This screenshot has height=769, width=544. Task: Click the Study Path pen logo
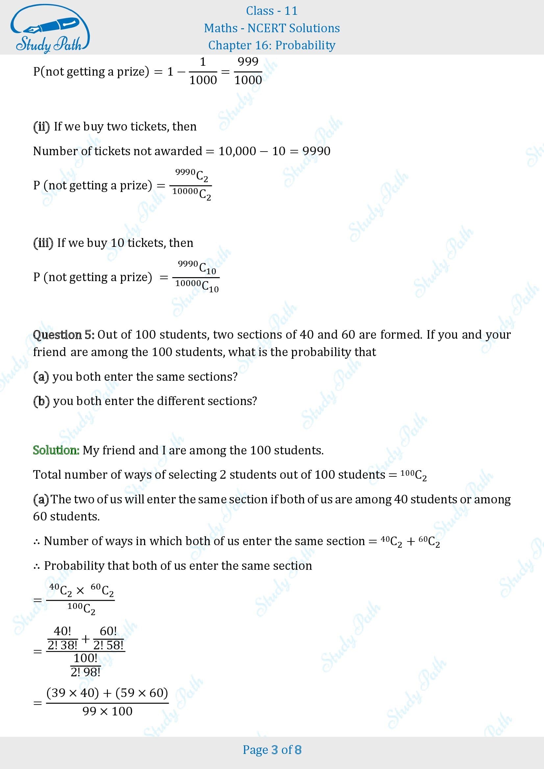point(50,28)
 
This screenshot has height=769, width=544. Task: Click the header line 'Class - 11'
point(272,11)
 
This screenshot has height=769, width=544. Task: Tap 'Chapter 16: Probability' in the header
point(272,45)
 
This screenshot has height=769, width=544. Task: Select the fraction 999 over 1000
point(248,71)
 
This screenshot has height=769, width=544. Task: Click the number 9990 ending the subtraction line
point(316,151)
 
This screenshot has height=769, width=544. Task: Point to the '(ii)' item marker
point(41,127)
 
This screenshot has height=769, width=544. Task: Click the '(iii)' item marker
point(43,243)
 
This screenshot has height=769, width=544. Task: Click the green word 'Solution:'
point(56,450)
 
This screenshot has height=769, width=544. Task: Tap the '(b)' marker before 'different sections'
point(41,401)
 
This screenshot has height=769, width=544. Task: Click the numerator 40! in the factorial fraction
point(62,631)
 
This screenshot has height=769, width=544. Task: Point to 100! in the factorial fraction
point(86,658)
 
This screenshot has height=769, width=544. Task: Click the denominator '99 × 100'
point(107,711)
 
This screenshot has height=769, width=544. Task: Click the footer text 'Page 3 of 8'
point(272,750)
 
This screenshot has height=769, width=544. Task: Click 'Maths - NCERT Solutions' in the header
point(272,28)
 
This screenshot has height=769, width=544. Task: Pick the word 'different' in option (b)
point(181,401)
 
